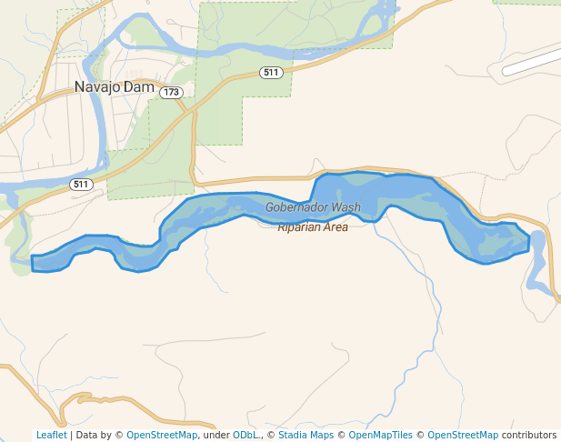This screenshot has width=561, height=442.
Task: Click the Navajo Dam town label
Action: pos(114,87)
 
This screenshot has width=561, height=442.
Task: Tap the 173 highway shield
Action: pos(171,93)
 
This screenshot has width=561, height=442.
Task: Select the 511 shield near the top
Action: pos(269,73)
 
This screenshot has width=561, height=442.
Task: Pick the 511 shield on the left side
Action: pos(82,185)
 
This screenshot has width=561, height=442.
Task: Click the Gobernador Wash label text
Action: pos(313,207)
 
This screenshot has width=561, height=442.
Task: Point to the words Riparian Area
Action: pos(313,227)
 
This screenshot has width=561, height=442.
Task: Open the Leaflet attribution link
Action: pos(51,436)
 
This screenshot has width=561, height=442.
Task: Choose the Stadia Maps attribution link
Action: pos(306,436)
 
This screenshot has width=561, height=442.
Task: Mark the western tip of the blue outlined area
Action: pos(33,263)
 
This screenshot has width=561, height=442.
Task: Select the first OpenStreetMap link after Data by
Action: pos(162,436)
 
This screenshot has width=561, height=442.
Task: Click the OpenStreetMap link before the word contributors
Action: pos(463,436)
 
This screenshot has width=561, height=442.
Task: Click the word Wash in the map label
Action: pos(346,207)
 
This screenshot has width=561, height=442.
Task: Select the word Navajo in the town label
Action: pos(96,87)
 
